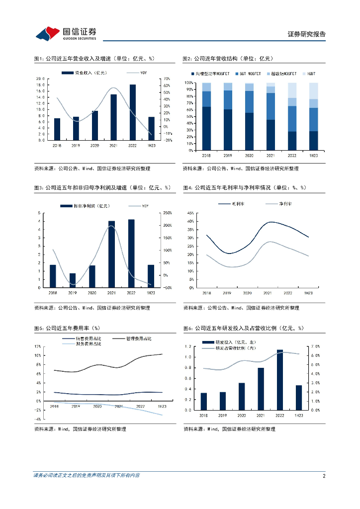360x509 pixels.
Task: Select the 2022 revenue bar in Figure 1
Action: tap(133, 112)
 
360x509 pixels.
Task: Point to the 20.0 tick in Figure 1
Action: tap(41, 79)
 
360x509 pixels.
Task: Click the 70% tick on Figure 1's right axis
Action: tap(167, 79)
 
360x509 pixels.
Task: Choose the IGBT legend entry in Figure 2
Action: tap(310, 74)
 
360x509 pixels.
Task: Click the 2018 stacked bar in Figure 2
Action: tap(206, 116)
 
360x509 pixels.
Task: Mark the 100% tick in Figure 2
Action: tap(189, 83)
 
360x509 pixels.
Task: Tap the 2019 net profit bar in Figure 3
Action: tap(73, 280)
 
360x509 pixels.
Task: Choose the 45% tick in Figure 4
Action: tap(190, 213)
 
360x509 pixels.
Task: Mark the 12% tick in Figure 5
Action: tap(38, 346)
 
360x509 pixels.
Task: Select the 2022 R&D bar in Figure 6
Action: tap(280, 380)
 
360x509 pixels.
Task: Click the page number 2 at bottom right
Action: tap(324, 476)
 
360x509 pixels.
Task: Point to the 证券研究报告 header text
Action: tap(307, 34)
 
